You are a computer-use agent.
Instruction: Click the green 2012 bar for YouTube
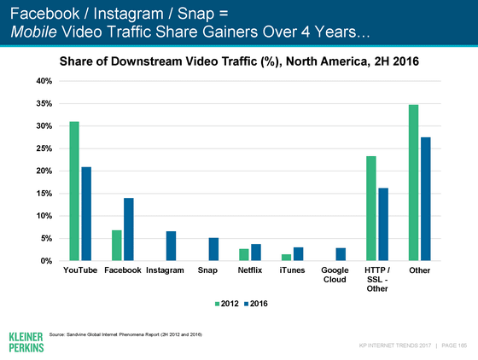pos(74,191)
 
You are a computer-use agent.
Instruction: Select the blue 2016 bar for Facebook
pos(129,229)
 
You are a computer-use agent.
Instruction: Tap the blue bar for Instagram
pos(171,246)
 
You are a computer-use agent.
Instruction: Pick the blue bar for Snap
pos(213,249)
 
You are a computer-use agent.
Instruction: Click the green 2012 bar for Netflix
pos(244,254)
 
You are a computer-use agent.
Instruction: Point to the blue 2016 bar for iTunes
pos(299,254)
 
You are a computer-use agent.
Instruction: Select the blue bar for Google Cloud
pos(341,254)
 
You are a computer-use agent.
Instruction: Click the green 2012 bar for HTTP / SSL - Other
pos(371,208)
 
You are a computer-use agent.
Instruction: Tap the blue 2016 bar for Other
pos(426,199)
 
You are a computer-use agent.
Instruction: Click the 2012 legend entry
pos(227,304)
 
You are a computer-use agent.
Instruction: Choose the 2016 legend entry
pos(256,304)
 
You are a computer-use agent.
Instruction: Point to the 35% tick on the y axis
pos(44,103)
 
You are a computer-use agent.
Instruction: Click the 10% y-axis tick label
pos(44,216)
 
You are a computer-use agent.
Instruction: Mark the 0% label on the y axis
pos(46,261)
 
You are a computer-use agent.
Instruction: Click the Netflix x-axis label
pos(250,270)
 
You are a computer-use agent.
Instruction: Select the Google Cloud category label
pos(335,275)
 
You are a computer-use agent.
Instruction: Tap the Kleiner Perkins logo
pos(26,342)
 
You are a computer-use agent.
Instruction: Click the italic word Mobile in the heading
pos(33,32)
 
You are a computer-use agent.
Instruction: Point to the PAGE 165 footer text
pos(454,345)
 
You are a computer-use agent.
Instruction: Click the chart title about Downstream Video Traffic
pos(239,61)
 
